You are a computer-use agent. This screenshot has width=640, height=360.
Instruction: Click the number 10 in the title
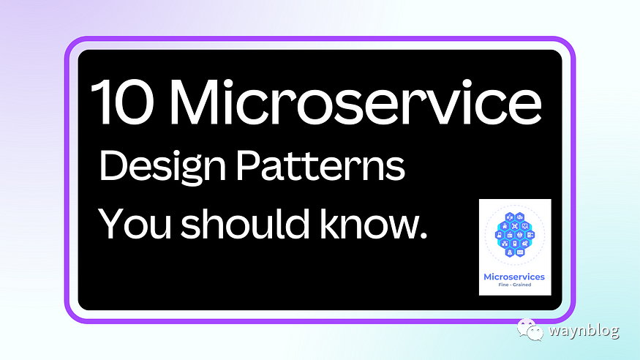(122, 102)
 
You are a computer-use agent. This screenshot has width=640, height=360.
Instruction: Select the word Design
(162, 168)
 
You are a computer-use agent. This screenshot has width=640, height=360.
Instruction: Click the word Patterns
(321, 165)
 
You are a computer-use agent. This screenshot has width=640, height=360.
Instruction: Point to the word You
(135, 223)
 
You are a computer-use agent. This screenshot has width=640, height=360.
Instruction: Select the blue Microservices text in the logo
(514, 277)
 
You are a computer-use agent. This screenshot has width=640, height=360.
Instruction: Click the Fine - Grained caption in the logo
(515, 285)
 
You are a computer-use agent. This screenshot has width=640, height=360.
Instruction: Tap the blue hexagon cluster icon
(514, 235)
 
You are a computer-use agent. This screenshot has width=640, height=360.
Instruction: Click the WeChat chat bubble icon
(530, 329)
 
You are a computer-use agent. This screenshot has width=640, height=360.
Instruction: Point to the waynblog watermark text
(584, 330)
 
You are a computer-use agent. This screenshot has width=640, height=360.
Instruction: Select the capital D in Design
(113, 165)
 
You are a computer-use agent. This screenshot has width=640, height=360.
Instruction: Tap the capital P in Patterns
(249, 165)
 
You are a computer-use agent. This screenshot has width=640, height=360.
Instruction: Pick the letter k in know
(328, 222)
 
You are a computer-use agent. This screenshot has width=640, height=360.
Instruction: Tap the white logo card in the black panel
(515, 247)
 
